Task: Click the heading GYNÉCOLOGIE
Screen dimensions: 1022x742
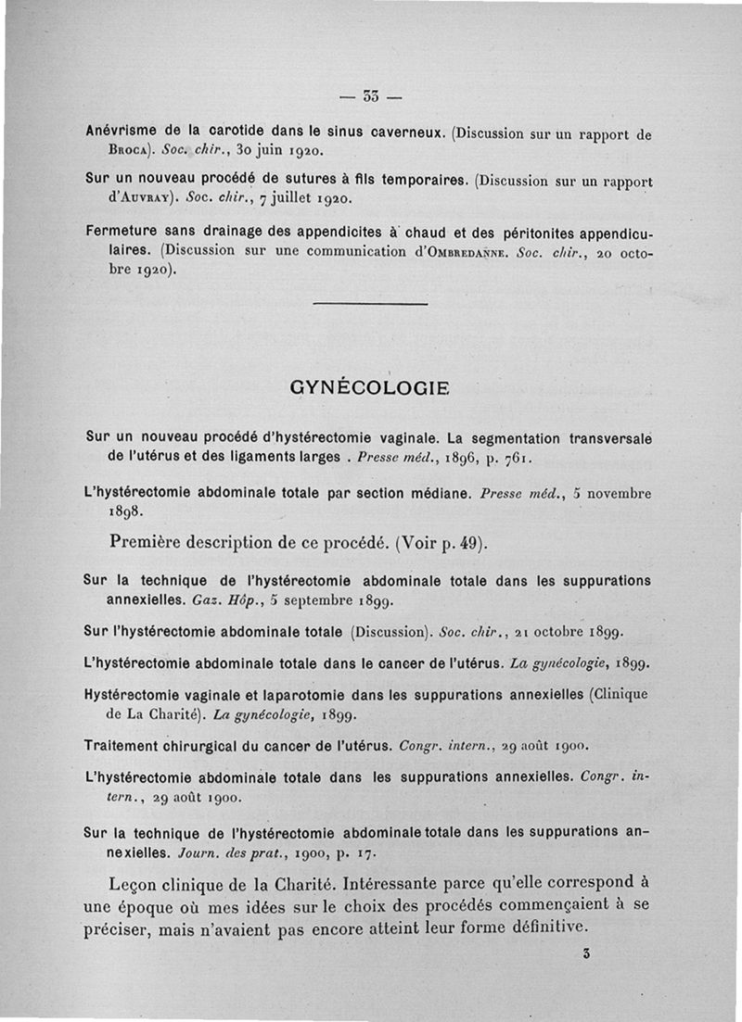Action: pyautogui.click(x=371, y=388)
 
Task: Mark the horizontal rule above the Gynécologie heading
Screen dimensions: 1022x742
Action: pyautogui.click(x=371, y=303)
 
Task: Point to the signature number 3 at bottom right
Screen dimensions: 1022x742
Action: pyautogui.click(x=587, y=953)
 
